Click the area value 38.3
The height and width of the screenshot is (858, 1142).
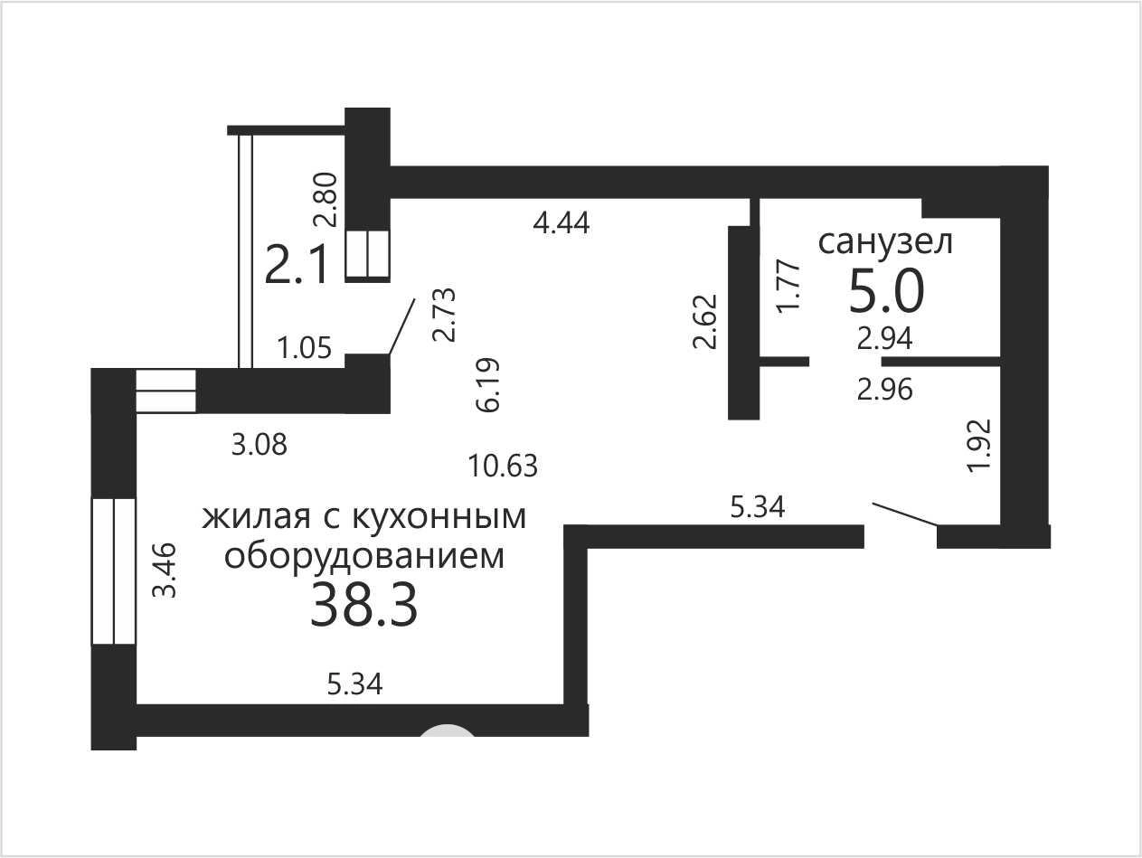363,605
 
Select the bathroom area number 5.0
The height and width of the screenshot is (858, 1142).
886,292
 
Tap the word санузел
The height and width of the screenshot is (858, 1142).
885,242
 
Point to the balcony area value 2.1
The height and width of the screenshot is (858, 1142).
296,265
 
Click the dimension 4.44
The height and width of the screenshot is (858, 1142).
562,223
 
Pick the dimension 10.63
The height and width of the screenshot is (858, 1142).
503,466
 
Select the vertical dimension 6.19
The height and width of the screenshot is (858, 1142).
488,384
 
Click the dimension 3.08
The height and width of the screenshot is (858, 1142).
260,445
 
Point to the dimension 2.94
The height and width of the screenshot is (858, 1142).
884,339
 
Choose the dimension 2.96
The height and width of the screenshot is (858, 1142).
884,390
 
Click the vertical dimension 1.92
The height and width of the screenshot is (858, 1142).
978,446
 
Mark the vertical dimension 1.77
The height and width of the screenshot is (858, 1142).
788,286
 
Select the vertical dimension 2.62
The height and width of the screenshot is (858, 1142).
705,321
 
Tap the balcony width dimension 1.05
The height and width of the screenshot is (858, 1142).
305,348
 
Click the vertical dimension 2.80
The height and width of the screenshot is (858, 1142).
326,199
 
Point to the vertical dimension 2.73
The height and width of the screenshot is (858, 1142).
444,315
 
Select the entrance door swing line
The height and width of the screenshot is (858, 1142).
905,514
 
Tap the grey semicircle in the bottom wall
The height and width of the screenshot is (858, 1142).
447,731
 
